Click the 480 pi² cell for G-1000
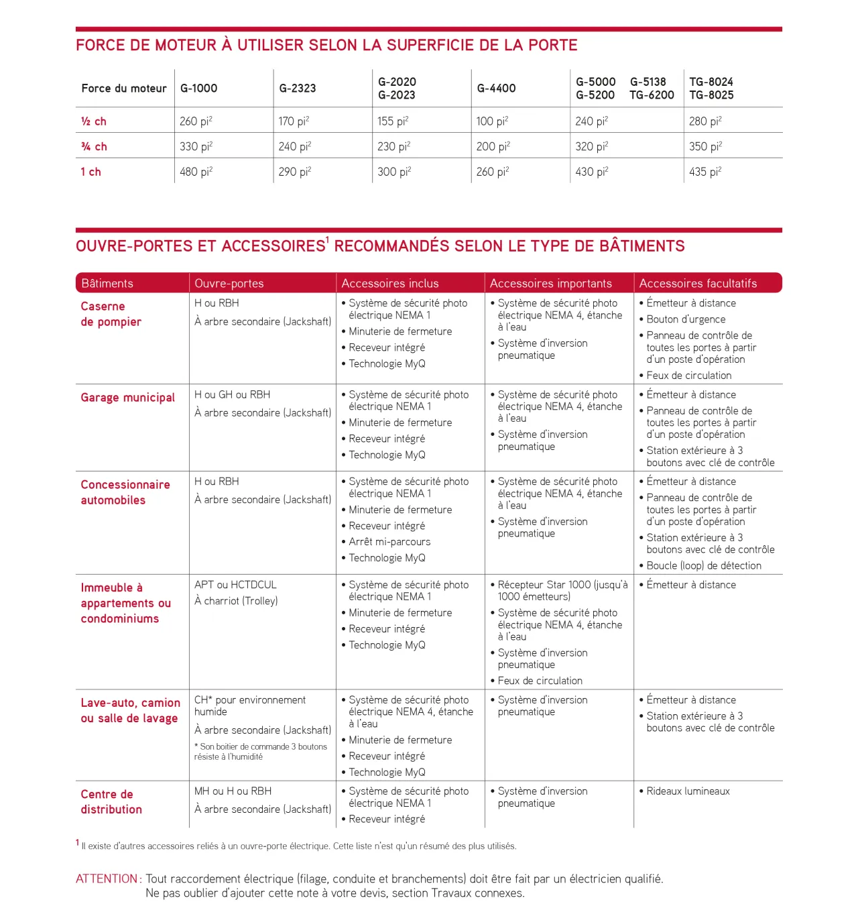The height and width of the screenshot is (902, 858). coord(196,172)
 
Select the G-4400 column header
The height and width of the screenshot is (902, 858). coord(496,88)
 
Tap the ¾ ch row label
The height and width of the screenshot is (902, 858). coord(94,147)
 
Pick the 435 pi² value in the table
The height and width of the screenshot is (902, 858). coord(705,172)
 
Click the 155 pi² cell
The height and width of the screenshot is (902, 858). coord(393,121)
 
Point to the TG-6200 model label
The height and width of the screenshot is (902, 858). coord(652,95)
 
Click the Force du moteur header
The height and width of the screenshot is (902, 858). coord(124,88)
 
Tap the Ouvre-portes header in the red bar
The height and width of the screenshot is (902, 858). coord(229,283)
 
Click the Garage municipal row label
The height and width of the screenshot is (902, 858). coord(127,398)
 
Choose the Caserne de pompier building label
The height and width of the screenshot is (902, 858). coord(111,314)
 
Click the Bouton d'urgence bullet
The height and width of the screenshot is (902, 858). coord(686,319)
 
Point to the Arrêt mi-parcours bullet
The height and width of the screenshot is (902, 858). coord(389,542)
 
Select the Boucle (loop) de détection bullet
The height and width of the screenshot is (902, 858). coord(704,565)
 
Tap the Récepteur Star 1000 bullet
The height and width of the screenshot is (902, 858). coord(562,590)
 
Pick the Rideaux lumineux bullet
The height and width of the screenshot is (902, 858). coord(688,791)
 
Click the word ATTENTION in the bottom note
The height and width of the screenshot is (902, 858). coord(107,879)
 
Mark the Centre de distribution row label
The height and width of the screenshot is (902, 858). coord(111,801)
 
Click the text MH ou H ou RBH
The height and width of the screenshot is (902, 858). coord(233,791)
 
